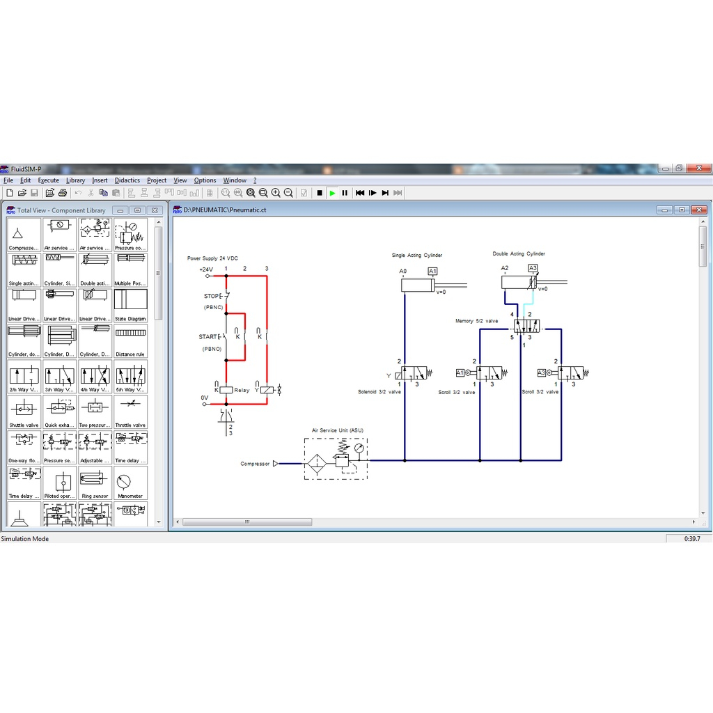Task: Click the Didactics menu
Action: (x=127, y=180)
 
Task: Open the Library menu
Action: (x=75, y=180)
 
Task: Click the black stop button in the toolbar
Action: (x=320, y=193)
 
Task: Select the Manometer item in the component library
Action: (x=130, y=483)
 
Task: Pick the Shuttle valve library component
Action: (x=24, y=412)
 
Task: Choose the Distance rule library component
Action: (x=130, y=341)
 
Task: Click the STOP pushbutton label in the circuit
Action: (x=211, y=296)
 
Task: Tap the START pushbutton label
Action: (x=208, y=337)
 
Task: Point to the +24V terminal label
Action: (x=206, y=269)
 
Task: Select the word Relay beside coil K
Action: (x=242, y=391)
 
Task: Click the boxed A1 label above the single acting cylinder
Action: (x=432, y=271)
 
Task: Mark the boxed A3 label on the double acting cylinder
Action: (x=533, y=268)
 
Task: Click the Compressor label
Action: (x=255, y=464)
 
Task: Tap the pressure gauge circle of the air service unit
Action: (x=358, y=449)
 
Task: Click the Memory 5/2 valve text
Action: (x=476, y=321)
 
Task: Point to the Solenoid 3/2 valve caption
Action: (x=379, y=392)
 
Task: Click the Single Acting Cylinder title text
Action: (x=417, y=256)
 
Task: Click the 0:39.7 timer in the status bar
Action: (x=692, y=538)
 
